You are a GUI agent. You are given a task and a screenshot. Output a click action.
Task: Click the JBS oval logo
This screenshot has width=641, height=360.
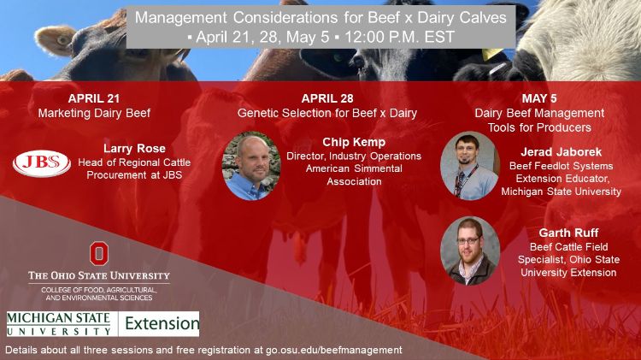point(42,163)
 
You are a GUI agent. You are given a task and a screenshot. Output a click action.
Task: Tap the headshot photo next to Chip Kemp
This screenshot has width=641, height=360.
point(251,166)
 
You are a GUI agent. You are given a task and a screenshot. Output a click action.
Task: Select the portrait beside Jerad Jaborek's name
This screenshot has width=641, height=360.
point(469,165)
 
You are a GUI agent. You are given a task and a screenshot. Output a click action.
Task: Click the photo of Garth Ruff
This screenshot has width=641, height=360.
point(470,251)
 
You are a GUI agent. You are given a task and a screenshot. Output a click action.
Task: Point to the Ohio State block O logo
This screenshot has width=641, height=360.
point(99,253)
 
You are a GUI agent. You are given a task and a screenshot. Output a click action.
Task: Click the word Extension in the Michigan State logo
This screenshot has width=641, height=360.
point(162,323)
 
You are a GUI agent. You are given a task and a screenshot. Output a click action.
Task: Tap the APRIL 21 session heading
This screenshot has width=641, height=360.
point(94,98)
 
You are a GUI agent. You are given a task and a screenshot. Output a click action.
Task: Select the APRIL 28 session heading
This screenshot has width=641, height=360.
point(327,98)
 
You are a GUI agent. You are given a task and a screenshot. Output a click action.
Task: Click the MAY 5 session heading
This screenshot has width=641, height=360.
point(539,98)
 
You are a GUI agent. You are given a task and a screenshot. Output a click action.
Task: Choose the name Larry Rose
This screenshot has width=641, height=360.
point(134,148)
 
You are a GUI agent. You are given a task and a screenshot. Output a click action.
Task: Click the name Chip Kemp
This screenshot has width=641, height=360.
point(354,142)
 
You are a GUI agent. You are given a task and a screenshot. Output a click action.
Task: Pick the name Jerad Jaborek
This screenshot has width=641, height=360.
point(561,151)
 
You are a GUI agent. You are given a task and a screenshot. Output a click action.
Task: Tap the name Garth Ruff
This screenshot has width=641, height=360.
point(568,233)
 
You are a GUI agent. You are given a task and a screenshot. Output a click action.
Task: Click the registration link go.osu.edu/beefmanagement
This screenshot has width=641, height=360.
point(334,351)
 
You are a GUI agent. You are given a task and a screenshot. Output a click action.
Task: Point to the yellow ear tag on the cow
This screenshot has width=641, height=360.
point(491,54)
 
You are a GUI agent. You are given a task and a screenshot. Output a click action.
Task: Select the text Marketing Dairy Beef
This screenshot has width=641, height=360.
point(94,113)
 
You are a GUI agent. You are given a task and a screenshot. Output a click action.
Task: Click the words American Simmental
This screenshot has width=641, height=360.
point(354,168)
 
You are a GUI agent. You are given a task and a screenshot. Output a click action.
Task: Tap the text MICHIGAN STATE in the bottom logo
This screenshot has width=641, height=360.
point(58,318)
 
